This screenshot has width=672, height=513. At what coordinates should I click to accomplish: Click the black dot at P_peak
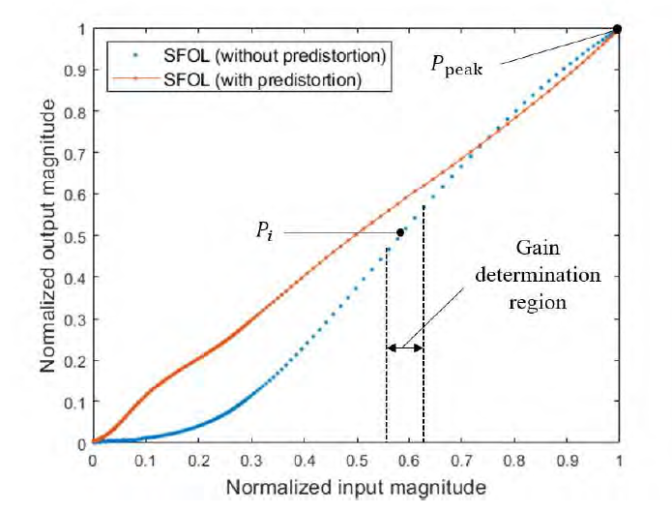click(618, 29)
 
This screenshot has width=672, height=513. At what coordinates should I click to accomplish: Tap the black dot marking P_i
click(400, 232)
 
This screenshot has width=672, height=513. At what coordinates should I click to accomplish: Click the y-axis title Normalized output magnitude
click(47, 235)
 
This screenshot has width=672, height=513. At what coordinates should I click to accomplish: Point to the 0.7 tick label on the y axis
click(75, 153)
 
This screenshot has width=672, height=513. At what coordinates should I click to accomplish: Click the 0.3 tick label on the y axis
click(75, 318)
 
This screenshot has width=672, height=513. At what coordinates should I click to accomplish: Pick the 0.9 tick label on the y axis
click(75, 71)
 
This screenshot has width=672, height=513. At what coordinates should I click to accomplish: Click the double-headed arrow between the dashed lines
click(404, 347)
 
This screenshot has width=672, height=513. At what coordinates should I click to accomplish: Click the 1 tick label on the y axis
click(81, 29)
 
